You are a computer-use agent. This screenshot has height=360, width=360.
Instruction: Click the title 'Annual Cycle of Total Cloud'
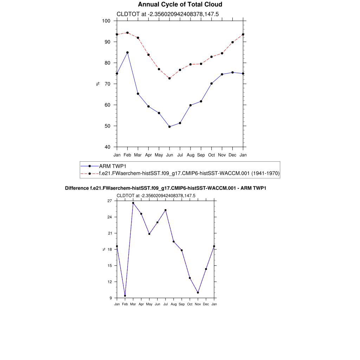click(180, 5)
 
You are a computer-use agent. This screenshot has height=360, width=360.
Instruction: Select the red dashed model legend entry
click(189, 173)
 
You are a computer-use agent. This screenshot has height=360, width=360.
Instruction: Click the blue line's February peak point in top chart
click(127, 52)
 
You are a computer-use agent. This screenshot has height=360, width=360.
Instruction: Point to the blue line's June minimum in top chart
click(169, 127)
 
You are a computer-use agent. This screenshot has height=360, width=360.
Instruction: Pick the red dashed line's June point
click(169, 78)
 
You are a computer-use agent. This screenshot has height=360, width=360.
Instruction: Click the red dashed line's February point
click(127, 33)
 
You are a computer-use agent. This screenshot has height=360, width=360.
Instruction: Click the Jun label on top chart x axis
click(169, 155)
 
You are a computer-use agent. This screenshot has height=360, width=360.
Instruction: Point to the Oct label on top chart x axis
click(212, 155)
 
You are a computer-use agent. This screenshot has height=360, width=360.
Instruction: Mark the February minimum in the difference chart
click(125, 296)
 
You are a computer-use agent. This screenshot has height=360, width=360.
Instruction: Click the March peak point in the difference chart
click(133, 203)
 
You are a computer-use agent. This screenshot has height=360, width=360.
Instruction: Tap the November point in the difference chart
click(198, 292)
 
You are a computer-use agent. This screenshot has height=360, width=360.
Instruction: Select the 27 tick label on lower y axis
click(109, 201)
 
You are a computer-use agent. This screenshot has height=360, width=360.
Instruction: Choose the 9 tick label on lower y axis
click(110, 298)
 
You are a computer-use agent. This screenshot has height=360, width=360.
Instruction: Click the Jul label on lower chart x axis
click(166, 304)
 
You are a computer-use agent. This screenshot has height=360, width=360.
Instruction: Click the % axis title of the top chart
click(98, 84)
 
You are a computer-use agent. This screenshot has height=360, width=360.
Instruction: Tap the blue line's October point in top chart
click(212, 84)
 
